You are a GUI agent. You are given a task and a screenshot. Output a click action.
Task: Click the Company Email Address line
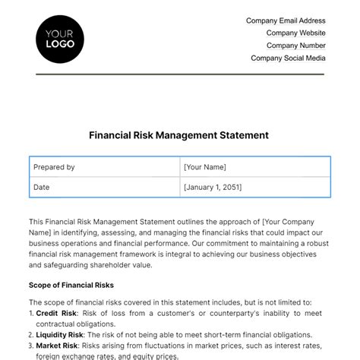[x=286, y=21]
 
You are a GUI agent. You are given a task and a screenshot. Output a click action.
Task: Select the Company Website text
[x=295, y=33]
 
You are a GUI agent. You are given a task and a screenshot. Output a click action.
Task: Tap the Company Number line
[x=295, y=46]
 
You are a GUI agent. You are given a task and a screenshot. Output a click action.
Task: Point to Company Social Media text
[x=288, y=58]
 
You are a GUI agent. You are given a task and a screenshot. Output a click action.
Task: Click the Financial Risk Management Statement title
[x=179, y=135]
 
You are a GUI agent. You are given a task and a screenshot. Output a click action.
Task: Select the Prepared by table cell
[x=54, y=167]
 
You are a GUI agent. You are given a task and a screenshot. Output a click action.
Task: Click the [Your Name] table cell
[x=205, y=167]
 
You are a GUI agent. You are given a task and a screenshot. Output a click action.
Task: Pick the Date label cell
[x=42, y=186]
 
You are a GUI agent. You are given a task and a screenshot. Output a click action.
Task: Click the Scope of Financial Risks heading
[x=71, y=285]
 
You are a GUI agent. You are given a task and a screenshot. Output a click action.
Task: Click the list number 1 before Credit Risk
[x=30, y=313]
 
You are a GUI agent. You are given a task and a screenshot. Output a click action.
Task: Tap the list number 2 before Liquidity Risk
[x=31, y=335]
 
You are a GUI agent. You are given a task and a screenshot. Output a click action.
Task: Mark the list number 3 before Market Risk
[x=31, y=346]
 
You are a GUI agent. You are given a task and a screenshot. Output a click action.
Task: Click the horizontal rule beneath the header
[x=179, y=74]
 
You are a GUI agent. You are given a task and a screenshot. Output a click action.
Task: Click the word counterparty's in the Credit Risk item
[x=224, y=313]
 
